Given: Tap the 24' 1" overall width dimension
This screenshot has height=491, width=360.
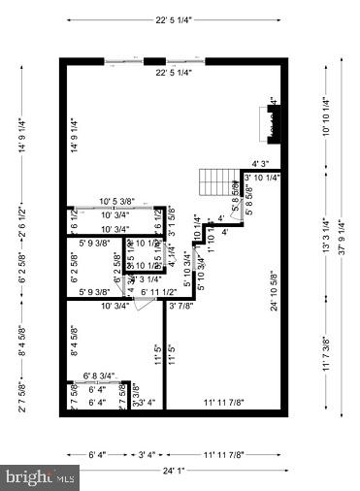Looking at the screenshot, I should pos(176,472).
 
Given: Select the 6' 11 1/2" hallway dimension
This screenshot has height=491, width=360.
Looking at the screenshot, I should pos(158,292).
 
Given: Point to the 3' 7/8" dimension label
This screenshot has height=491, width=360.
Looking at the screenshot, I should pos(180,306).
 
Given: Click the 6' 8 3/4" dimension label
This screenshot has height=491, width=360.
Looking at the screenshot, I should pos(99,376).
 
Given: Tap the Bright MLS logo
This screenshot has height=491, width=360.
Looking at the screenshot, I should pos(41,477).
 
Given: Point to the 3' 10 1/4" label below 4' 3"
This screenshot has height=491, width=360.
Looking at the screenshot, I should pos(263,179).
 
